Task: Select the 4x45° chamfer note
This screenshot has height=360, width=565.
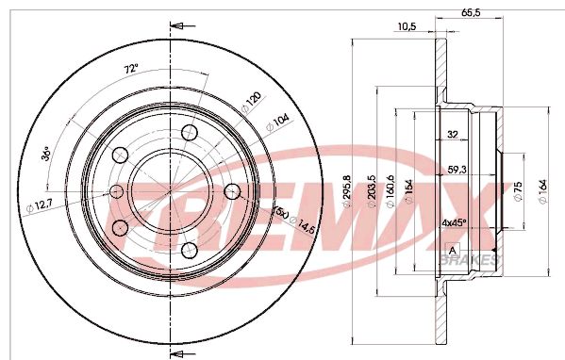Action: pos(456,224)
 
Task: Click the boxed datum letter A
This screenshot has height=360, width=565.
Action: pos(453,249)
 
